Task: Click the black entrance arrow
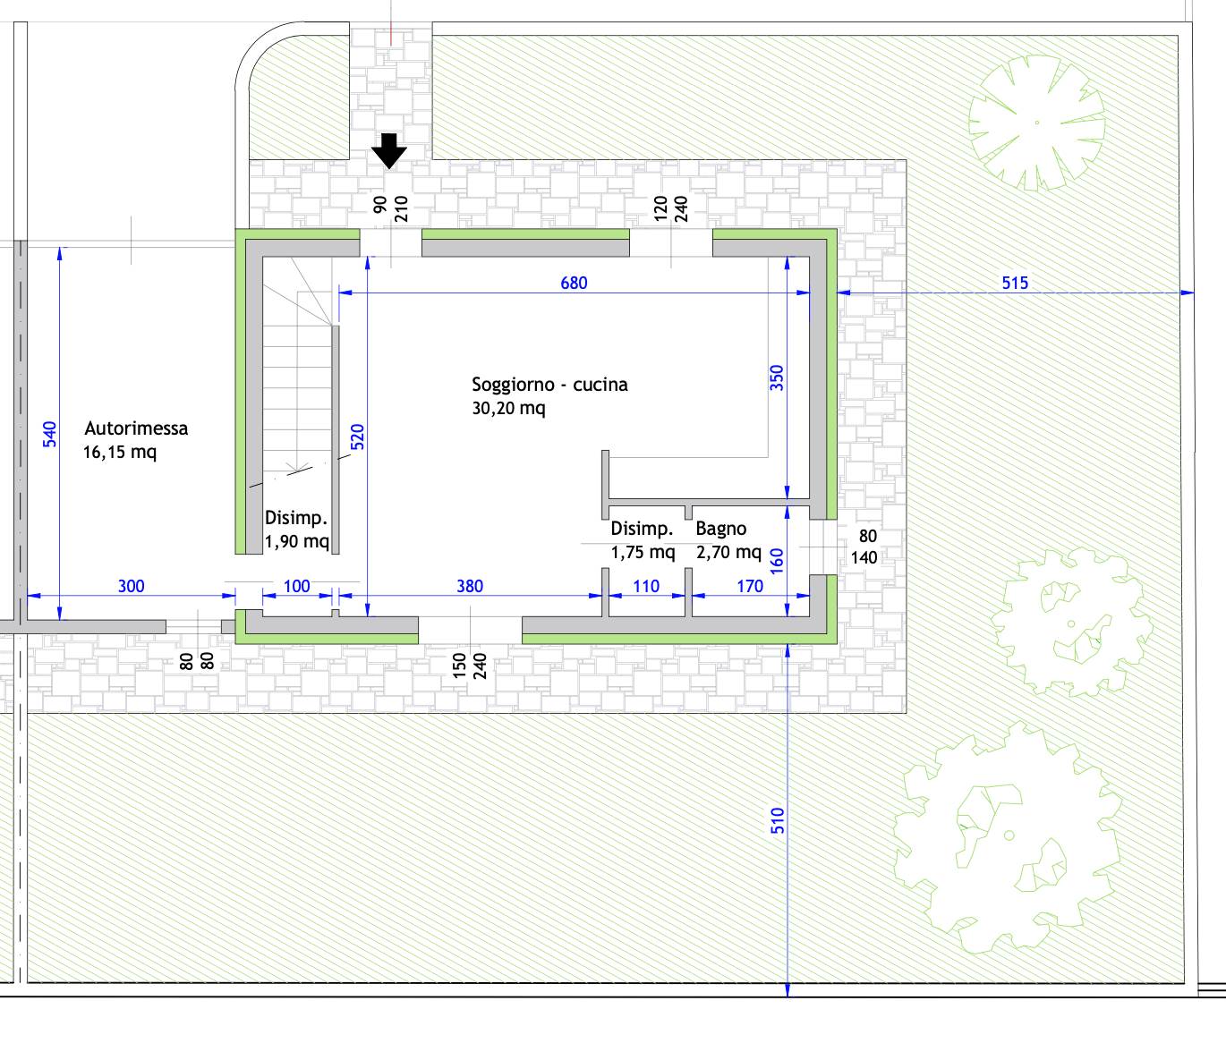click(389, 150)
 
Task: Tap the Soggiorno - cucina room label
click(549, 385)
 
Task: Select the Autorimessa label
click(136, 428)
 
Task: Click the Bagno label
click(720, 528)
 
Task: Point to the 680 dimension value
click(574, 283)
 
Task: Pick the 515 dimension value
click(1015, 283)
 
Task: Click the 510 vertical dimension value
click(777, 820)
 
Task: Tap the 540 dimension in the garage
click(50, 434)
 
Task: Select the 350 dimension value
click(777, 377)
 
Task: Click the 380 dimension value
click(470, 587)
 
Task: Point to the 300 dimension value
click(131, 587)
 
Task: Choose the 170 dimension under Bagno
click(750, 587)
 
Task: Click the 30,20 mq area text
click(508, 408)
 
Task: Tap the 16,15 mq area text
click(120, 453)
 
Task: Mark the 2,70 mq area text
click(728, 552)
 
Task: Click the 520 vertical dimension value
click(358, 437)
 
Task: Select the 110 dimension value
click(646, 587)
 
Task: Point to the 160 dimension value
click(777, 561)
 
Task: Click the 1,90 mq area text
click(296, 541)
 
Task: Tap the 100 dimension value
click(296, 587)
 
